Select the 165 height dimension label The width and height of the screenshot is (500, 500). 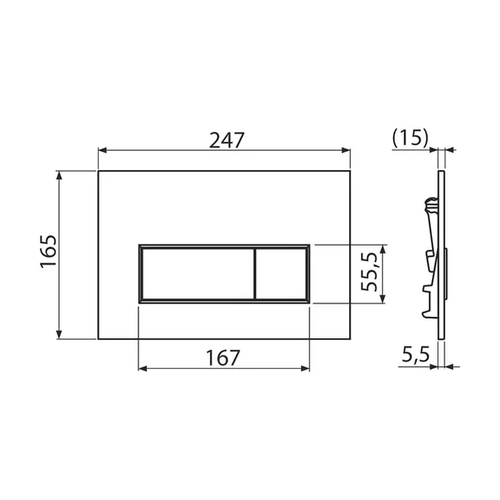47,254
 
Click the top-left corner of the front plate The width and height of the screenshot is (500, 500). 99,172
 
